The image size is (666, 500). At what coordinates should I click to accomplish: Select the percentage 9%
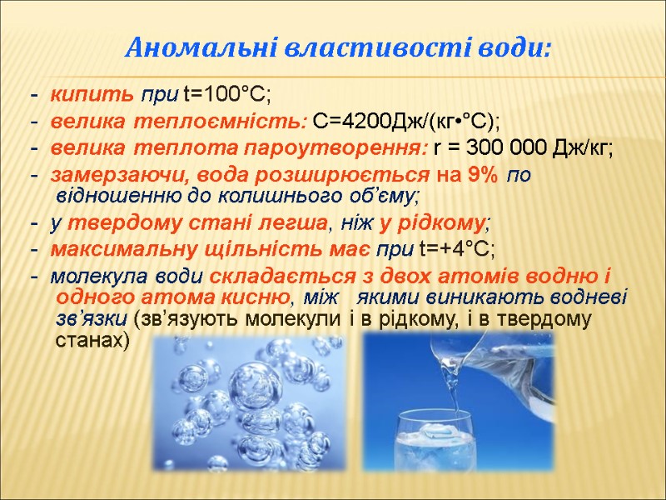(x=484, y=177)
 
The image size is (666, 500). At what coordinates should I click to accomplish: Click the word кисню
(x=258, y=297)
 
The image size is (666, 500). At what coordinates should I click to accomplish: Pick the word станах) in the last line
(x=92, y=341)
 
